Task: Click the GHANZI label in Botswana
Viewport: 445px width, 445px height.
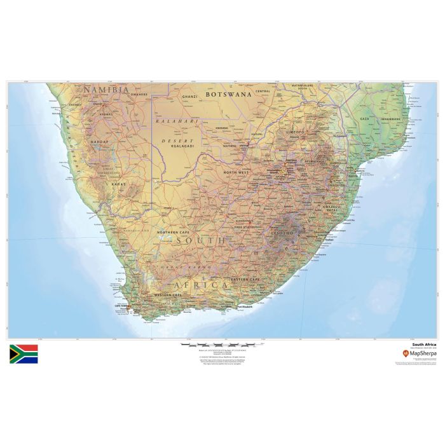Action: click(190, 97)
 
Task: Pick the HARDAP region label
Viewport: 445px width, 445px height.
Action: click(101, 142)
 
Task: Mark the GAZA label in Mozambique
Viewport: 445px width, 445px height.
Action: click(365, 119)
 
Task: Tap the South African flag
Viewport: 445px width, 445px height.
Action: click(24, 354)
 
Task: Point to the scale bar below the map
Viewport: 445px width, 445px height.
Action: click(218, 345)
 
